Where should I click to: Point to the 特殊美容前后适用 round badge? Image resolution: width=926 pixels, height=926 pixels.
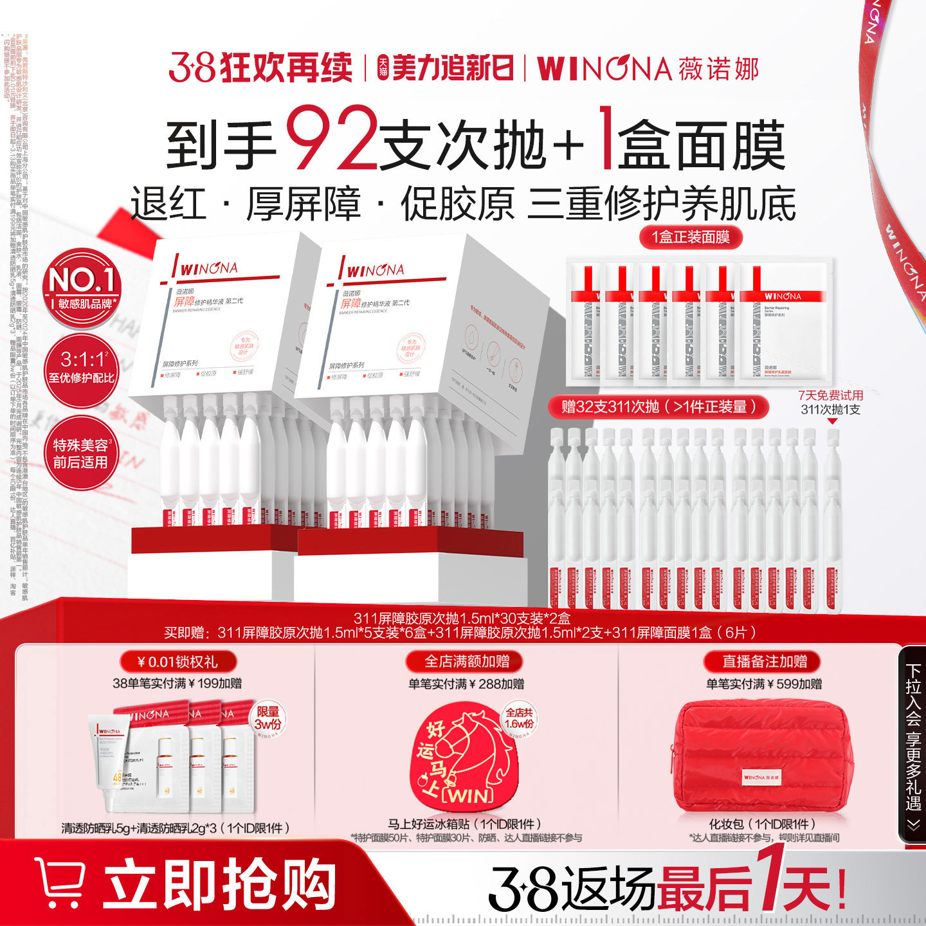[82, 453]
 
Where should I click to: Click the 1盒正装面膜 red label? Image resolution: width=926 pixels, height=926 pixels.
[691, 237]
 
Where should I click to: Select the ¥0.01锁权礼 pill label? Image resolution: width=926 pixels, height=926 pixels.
[178, 662]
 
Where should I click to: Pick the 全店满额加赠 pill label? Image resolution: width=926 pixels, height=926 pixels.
[466, 662]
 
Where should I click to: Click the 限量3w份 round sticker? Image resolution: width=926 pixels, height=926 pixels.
[269, 718]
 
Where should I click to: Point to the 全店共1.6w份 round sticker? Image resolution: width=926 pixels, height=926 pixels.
[518, 718]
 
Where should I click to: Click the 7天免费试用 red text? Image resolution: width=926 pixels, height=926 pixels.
[830, 395]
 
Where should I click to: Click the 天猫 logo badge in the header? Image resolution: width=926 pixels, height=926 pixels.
[383, 68]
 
